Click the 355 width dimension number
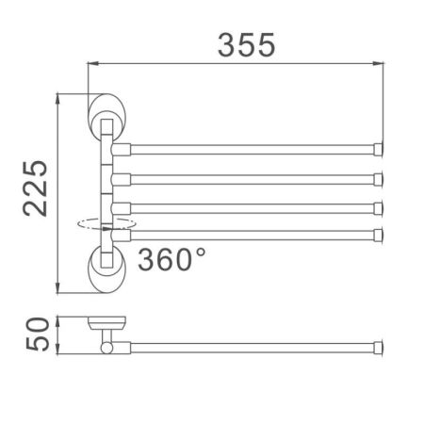[247, 43]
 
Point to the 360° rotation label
[172, 257]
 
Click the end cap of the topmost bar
[380, 149]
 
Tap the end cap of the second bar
[380, 178]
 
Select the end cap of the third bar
[380, 206]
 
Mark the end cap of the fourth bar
[380, 234]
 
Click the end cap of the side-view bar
[380, 347]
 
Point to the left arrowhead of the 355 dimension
[92, 64]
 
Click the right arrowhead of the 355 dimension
[382, 64]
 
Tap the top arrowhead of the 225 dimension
[59, 96]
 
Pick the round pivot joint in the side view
[106, 349]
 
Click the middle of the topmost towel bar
[250, 149]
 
